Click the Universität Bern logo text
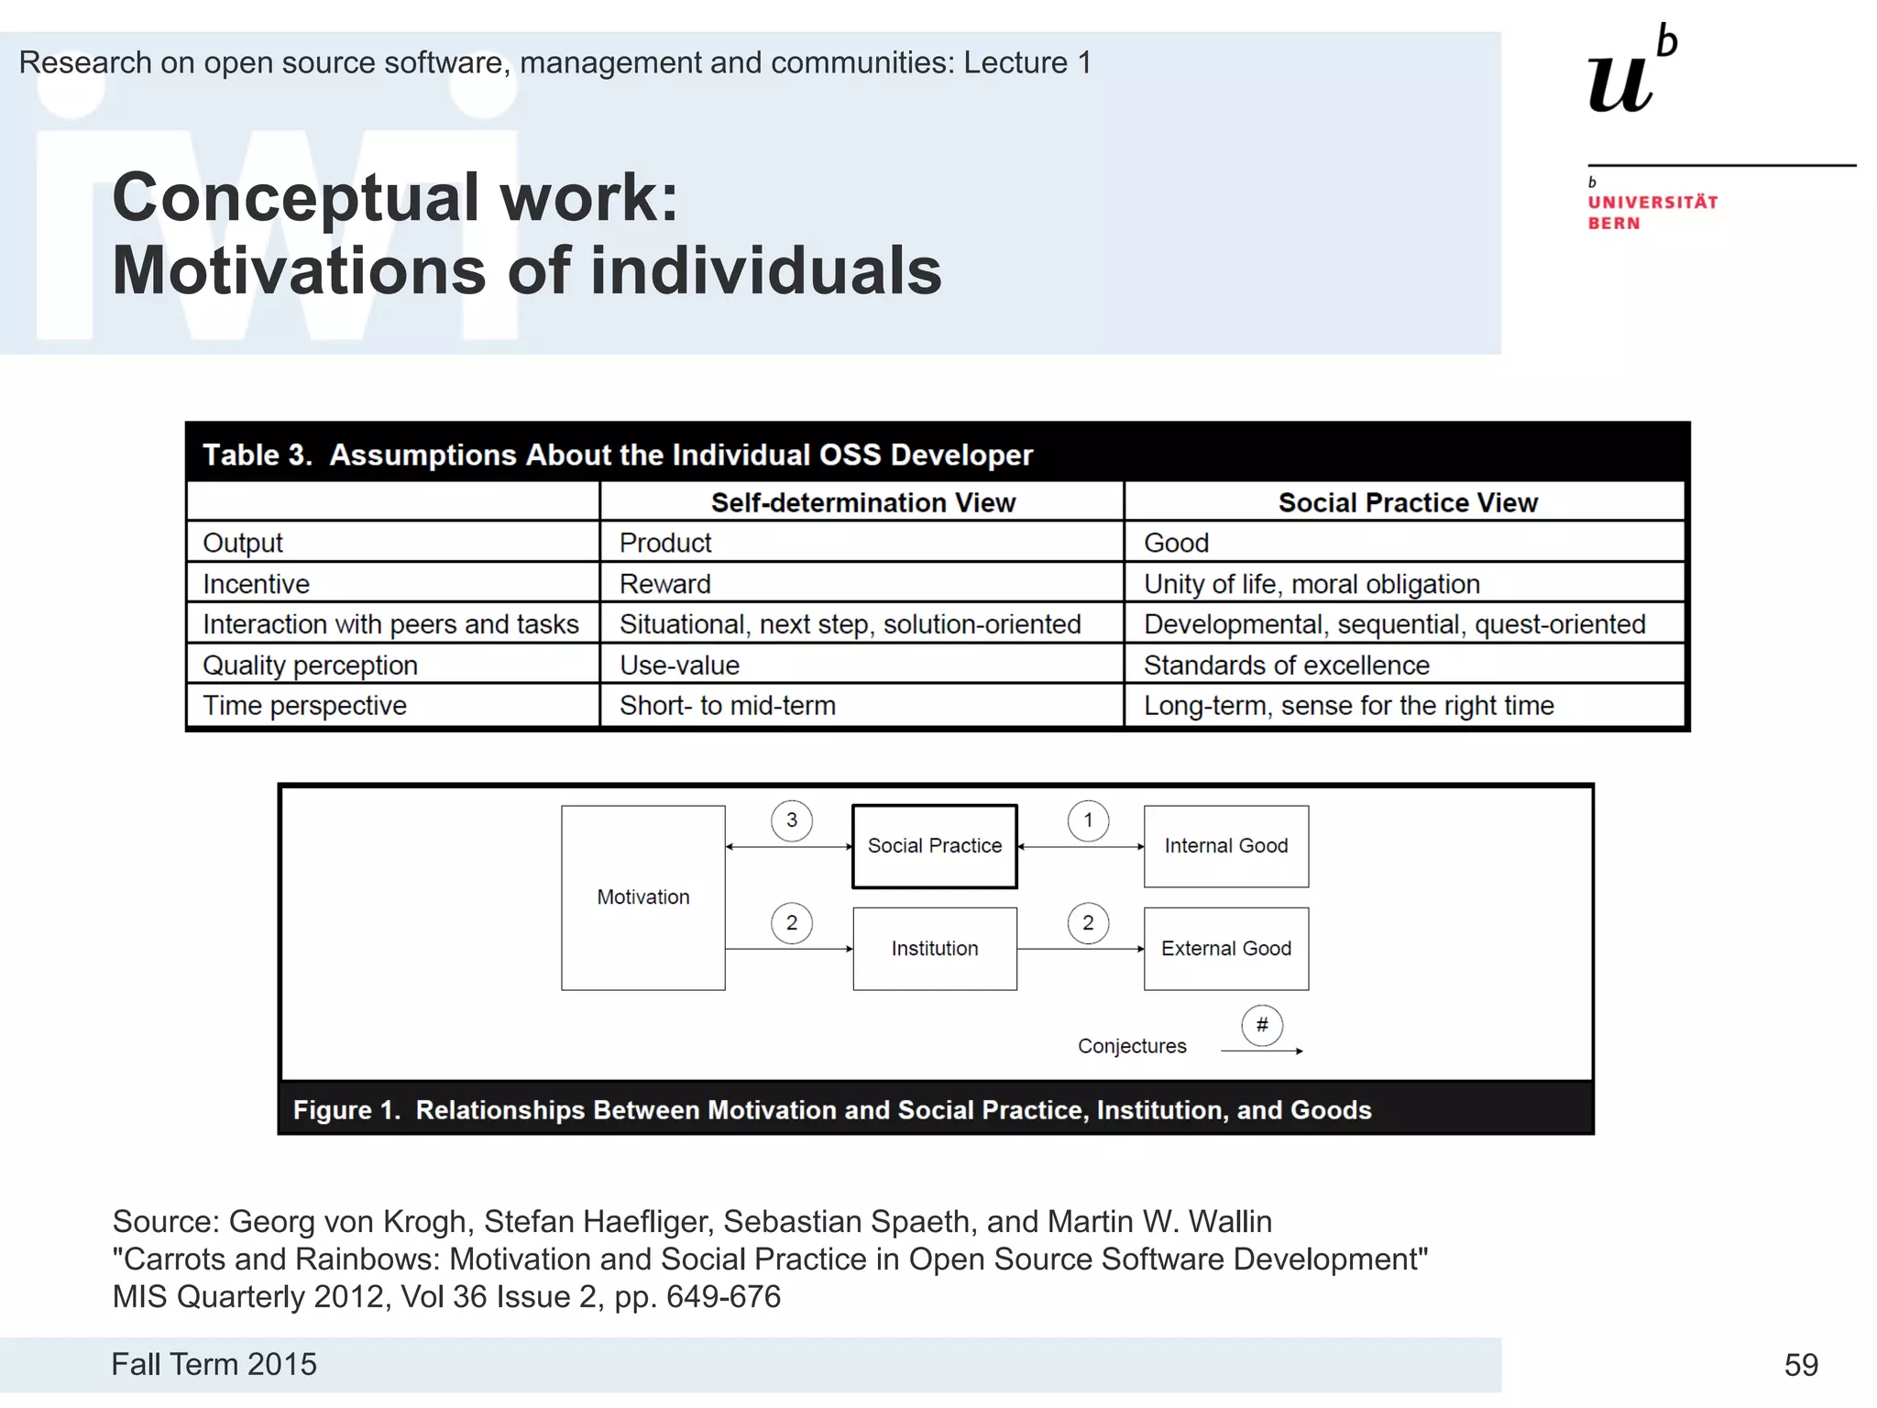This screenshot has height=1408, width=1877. point(1652,212)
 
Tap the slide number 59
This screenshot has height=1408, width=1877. point(1800,1365)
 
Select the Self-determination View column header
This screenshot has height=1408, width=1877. point(862,502)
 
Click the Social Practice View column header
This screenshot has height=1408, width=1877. point(1407,502)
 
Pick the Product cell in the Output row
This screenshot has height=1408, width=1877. point(665,543)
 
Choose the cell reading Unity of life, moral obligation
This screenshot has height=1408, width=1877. point(1311,584)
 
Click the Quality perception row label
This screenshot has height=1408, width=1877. point(310,665)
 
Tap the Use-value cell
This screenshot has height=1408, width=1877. point(679,665)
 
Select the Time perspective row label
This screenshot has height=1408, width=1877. point(304,705)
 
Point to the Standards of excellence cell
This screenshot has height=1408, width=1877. point(1286,665)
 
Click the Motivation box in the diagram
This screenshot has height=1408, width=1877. point(642,896)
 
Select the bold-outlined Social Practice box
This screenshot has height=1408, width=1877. point(934,845)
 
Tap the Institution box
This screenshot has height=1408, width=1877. point(934,948)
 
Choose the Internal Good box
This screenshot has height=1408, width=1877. point(1225,845)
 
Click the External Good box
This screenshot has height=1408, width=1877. point(1225,948)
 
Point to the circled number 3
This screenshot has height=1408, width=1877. point(791,820)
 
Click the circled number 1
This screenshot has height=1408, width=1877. point(1088,820)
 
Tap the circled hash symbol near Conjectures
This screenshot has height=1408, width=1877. point(1262,1025)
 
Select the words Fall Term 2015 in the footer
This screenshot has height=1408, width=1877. point(214,1364)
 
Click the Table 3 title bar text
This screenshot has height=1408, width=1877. point(617,455)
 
